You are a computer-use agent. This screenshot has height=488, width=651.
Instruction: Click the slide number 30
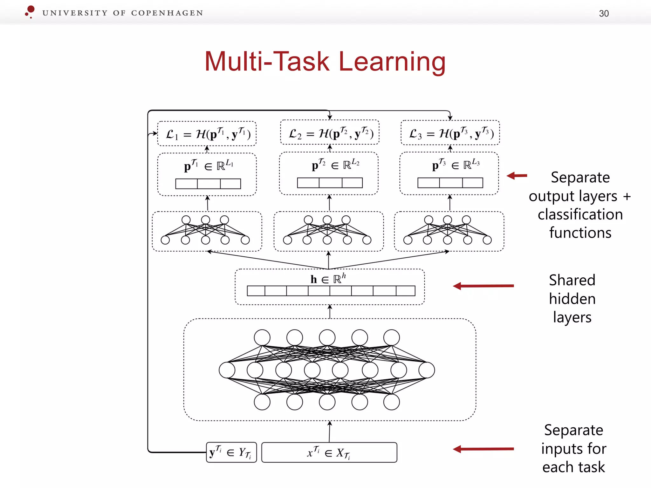pos(604,13)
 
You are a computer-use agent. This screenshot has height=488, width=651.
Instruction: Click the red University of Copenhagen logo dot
pos(31,10)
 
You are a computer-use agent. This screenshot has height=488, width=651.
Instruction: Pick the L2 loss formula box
pos(330,133)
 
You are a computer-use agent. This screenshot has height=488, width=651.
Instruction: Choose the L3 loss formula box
pos(450,133)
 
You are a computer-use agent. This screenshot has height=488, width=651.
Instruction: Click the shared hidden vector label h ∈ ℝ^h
pos(328,279)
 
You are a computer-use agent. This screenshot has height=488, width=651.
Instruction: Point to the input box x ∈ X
pos(329,452)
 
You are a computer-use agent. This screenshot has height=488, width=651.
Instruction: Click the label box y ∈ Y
pos(231,452)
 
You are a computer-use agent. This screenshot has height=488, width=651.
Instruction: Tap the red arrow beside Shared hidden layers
pos(483,286)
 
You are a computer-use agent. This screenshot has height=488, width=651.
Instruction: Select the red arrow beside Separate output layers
pos(517,175)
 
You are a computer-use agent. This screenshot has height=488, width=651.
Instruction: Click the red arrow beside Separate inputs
pos(483,449)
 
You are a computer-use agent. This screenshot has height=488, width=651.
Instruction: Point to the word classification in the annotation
pos(580,214)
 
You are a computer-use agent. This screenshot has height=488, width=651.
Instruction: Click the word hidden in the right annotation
pos(572,299)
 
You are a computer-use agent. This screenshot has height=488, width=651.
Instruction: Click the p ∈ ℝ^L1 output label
pos(209,165)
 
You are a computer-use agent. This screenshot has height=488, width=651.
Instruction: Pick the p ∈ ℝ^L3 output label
pos(456,164)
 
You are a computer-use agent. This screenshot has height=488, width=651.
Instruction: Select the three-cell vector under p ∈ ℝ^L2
pos(330,183)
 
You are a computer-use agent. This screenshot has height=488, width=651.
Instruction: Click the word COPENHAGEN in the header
pos(167,13)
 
